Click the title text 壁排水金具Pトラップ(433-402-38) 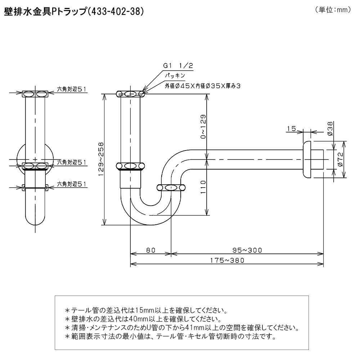[74, 12]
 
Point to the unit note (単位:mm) [333, 10]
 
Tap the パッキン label [175, 76]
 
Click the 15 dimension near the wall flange [291, 129]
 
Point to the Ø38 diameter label [330, 129]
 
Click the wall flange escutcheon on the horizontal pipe [307, 159]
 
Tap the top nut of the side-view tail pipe [35, 94]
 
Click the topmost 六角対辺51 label [71, 89]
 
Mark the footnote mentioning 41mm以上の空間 [182, 328]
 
